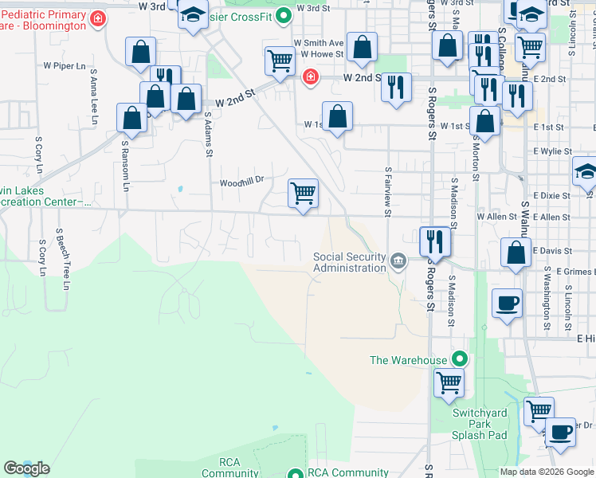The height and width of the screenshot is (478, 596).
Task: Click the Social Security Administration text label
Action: coord(349,262)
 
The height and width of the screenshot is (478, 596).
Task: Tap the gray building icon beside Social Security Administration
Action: coord(398,260)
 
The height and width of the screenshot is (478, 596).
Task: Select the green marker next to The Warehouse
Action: coord(458,359)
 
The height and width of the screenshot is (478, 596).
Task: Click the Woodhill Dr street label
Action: coord(241,182)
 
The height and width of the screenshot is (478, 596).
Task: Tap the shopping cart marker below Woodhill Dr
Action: coord(304,194)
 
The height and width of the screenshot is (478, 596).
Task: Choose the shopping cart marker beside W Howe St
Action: coord(280,61)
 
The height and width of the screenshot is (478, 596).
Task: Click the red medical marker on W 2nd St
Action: coord(309,77)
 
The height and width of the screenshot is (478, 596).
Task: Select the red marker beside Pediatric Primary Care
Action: coord(98,18)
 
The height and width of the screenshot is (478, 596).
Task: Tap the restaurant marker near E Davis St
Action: coord(435,240)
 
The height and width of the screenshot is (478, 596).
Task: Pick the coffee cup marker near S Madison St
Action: coord(507,303)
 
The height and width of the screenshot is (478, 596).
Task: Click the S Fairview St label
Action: coord(388,191)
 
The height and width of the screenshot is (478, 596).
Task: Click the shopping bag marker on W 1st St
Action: coord(337,116)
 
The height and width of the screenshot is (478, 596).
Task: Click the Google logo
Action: coord(26,468)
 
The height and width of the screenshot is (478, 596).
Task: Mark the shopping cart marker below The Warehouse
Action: coord(449,382)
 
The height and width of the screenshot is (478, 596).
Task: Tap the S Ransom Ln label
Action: coord(125,167)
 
